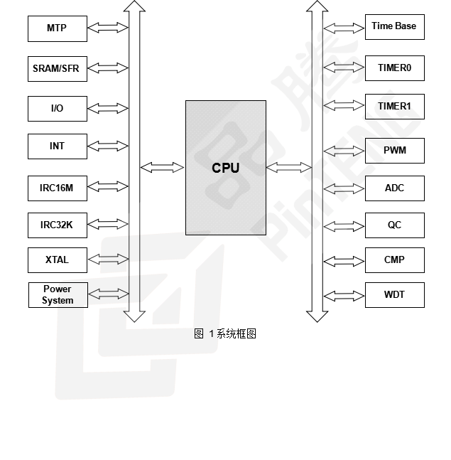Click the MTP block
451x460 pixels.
[57, 28]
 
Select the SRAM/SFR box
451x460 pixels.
[57, 69]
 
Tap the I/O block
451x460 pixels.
[57, 109]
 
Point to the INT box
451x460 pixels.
[57, 146]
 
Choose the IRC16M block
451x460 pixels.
[57, 188]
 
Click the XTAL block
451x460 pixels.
[57, 260]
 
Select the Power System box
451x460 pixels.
[57, 294]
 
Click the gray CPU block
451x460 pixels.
[226, 168]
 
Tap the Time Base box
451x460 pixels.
[394, 27]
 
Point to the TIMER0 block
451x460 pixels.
[394, 68]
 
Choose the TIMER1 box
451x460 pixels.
[394, 107]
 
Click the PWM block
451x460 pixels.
[394, 151]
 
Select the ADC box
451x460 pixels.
[394, 188]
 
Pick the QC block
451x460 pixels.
[394, 225]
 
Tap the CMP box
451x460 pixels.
[394, 260]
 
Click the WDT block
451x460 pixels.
[394, 294]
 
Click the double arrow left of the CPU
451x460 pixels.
[162, 168]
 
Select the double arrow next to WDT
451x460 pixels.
[344, 294]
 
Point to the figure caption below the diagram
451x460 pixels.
[224, 333]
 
